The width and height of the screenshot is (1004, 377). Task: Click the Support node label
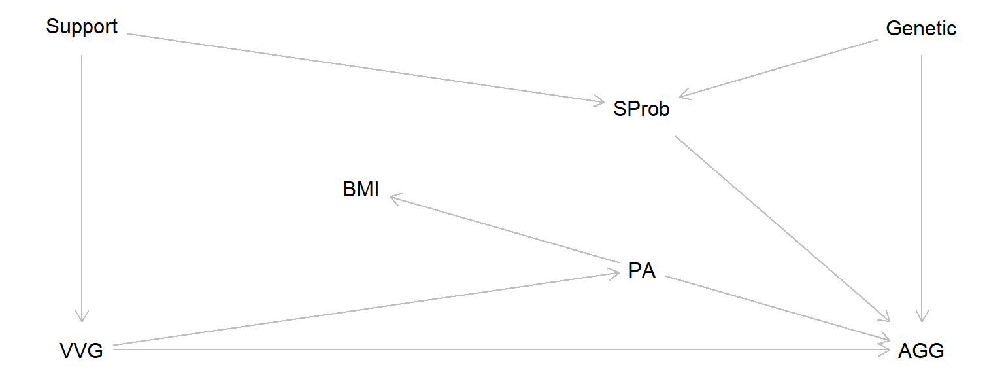pyautogui.click(x=82, y=27)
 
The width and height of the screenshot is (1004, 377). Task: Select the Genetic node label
pyautogui.click(x=921, y=29)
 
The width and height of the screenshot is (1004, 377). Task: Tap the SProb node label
pyautogui.click(x=641, y=109)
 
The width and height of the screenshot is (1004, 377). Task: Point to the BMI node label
pyautogui.click(x=361, y=190)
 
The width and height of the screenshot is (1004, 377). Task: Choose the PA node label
pyautogui.click(x=641, y=271)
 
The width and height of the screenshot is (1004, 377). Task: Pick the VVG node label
pyautogui.click(x=82, y=351)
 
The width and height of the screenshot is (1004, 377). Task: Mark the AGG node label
pyautogui.click(x=921, y=351)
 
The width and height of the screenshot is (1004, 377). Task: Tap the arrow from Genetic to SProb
pyautogui.click(x=778, y=69)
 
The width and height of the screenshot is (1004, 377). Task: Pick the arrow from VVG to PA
pyautogui.click(x=366, y=309)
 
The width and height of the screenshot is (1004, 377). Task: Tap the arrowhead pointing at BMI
pyautogui.click(x=394, y=197)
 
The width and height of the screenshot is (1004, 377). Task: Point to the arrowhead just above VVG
pyautogui.click(x=82, y=317)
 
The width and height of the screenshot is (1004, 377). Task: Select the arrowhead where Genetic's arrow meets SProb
pyautogui.click(x=685, y=96)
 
